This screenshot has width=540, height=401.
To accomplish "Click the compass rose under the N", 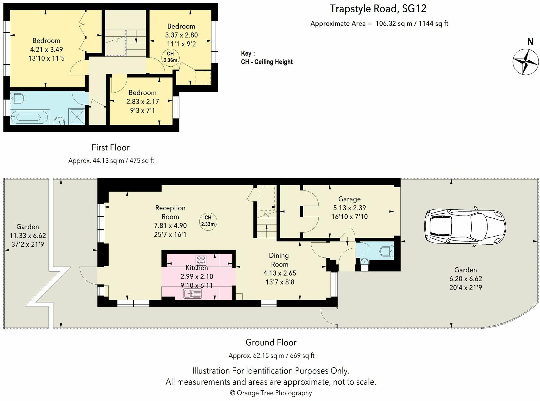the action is pyautogui.click(x=526, y=62).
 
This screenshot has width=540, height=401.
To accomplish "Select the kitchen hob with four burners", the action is pyautogui.click(x=201, y=260).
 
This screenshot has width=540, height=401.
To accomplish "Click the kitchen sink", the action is pyautogui.click(x=192, y=294).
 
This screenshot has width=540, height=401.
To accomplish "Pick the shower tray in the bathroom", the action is pyautogui.click(x=77, y=116).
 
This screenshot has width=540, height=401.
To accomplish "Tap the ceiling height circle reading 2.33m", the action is pyautogui.click(x=208, y=221).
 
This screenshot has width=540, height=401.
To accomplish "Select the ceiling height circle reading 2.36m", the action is pyautogui.click(x=171, y=57).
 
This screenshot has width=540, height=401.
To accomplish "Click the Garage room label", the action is pyautogui.click(x=349, y=199).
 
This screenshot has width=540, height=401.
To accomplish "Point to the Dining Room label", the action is pyautogui.click(x=279, y=260).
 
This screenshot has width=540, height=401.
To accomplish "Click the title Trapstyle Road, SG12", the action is pyautogui.click(x=378, y=9).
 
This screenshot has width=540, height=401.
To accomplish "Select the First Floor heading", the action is pyautogui.click(x=111, y=147).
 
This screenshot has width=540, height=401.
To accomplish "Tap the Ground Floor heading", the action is pyautogui.click(x=271, y=343).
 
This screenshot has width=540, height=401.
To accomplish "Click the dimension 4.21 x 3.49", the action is pyautogui.click(x=47, y=49).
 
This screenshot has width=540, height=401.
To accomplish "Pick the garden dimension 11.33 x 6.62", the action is pyautogui.click(x=28, y=236).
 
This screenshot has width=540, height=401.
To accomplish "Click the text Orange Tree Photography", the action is pyautogui.click(x=274, y=393).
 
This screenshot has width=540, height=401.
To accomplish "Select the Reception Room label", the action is pyautogui.click(x=170, y=212).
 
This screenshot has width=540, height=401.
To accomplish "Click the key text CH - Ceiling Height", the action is pyautogui.click(x=267, y=62).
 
